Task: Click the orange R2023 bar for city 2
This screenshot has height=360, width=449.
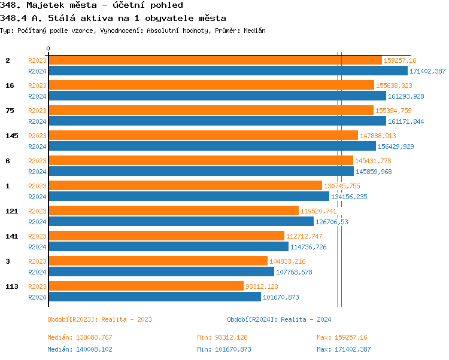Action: tap(214, 60)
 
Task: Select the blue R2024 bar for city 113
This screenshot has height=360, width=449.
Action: tap(154, 297)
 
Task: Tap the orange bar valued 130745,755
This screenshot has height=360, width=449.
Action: tap(185, 186)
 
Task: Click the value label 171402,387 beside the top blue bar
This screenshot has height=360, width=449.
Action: tap(427, 71)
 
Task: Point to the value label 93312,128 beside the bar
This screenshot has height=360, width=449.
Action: tap(261, 286)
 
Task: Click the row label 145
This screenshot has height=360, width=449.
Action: tap(12, 136)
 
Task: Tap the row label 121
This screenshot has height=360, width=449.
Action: tap(12, 211)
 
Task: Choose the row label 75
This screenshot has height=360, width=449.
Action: tap(10, 111)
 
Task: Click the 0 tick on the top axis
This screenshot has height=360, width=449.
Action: tap(48, 49)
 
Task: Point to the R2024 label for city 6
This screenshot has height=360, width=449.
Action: tap(37, 172)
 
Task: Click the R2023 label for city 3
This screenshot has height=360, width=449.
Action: tap(37, 261)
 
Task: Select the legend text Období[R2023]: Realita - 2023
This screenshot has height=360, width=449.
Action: tap(99, 319)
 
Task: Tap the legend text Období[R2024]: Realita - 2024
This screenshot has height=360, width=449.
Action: tap(279, 319)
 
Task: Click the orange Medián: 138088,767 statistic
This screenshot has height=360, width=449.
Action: tap(80, 338)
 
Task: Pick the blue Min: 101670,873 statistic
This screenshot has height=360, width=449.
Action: tap(224, 349)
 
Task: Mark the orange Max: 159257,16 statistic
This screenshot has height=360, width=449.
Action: tap(342, 338)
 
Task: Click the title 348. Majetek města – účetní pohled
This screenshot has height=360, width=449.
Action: tap(91, 5)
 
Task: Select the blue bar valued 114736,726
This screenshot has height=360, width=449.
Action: tap(168, 247)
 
